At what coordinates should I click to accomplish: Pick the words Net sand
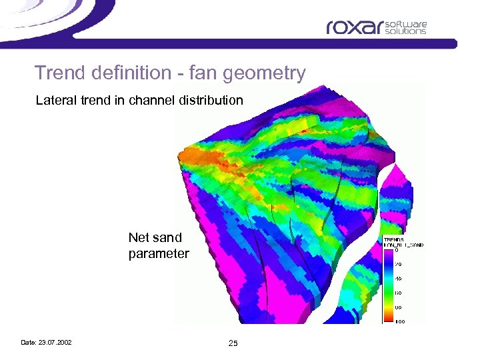coord(155,237)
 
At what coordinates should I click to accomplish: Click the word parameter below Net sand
coord(159,253)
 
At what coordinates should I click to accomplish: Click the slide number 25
coord(233,343)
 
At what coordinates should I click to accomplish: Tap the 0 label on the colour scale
coord(397,251)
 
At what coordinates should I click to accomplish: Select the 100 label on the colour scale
coord(399,321)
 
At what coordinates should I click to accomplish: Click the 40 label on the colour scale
coord(398,279)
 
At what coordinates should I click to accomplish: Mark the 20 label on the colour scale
coord(398,265)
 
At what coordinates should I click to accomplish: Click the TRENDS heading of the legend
coord(393,239)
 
